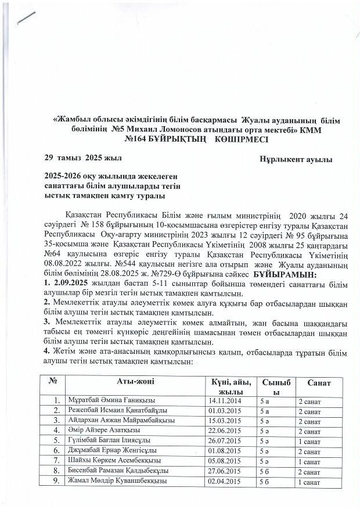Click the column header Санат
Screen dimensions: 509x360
tap(319, 384)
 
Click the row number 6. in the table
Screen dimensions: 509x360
tap(56, 451)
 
